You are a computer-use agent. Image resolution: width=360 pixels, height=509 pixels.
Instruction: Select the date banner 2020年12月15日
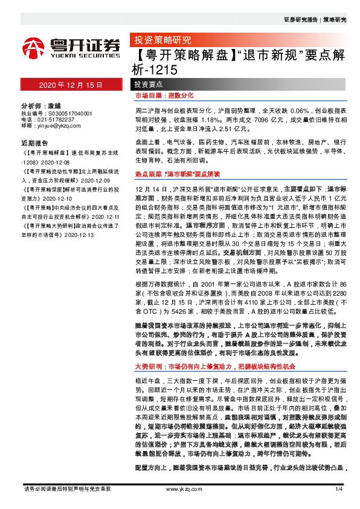pyautogui.click(x=72, y=85)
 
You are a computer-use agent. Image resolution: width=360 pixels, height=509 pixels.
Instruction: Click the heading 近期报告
pyautogui.click(x=34, y=143)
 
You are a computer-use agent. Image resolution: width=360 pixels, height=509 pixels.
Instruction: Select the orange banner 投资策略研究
pyautogui.click(x=159, y=41)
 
